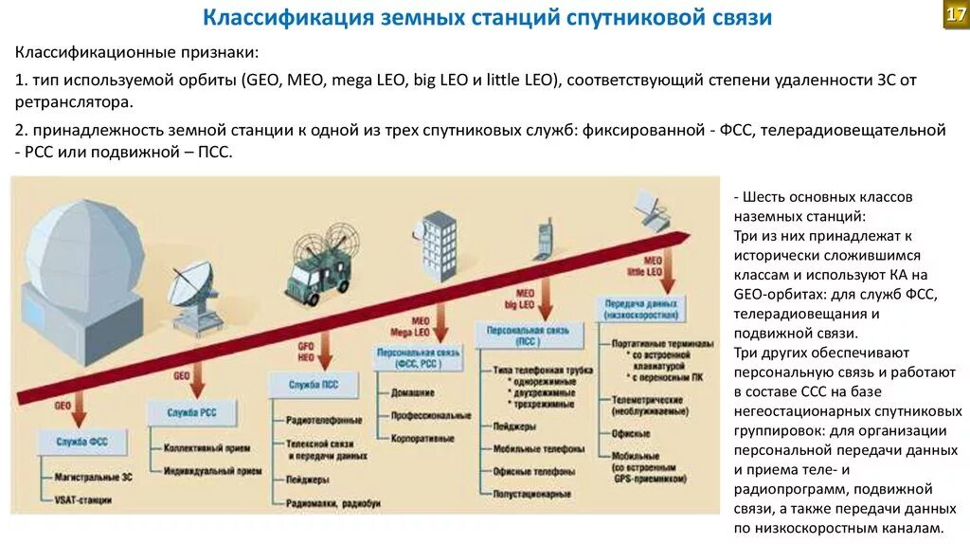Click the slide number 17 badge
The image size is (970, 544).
click(x=956, y=16)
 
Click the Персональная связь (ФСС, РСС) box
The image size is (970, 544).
click(x=418, y=356)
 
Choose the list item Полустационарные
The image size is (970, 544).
click(x=531, y=494)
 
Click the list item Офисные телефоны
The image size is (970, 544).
click(x=533, y=471)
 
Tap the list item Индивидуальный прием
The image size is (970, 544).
click(x=213, y=470)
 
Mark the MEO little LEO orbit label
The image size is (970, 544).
click(x=652, y=265)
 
